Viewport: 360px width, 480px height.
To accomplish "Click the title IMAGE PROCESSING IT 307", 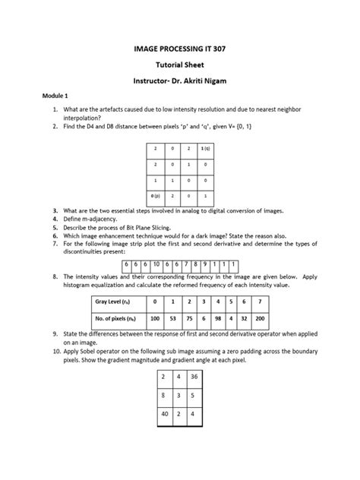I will click(x=180, y=48).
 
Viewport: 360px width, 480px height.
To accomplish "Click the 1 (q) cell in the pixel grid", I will click(x=206, y=149).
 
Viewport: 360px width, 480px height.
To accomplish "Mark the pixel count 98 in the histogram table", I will click(x=216, y=319).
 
